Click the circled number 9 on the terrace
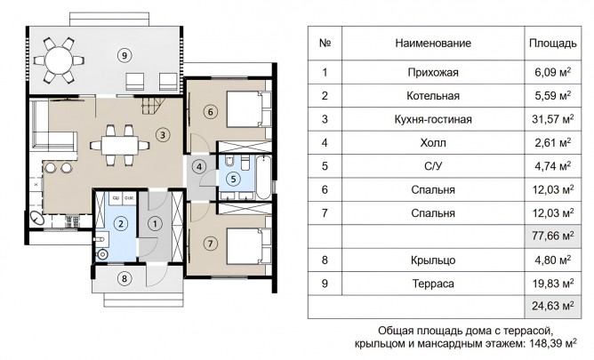[124, 56]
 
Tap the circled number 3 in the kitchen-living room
[163, 135]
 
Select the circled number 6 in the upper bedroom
[210, 112]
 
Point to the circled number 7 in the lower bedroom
[210, 244]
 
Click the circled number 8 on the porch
[124, 279]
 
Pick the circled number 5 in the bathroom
[233, 179]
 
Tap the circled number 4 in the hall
[198, 166]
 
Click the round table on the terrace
[59, 60]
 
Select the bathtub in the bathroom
[263, 177]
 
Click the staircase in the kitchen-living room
[154, 106]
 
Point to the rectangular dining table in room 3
[119, 146]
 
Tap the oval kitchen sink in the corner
[37, 219]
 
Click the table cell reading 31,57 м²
[553, 119]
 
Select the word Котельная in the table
[433, 96]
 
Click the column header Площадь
[553, 44]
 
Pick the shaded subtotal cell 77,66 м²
[553, 236]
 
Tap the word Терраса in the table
[433, 284]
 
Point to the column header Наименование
[433, 44]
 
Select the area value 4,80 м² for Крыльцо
[553, 260]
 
